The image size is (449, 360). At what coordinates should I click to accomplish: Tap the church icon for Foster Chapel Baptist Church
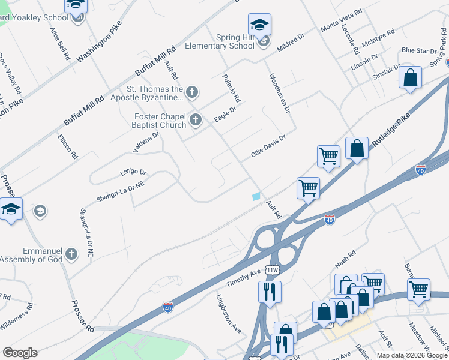195,121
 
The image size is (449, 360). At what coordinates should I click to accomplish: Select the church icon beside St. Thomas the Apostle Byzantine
192,92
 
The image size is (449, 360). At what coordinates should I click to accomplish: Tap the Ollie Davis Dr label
267,148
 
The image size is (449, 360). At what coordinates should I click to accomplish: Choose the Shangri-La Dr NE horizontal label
120,192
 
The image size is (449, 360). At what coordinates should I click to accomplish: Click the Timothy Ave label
243,277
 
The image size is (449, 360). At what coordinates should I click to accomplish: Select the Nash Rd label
346,262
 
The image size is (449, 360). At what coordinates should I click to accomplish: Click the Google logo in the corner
20,353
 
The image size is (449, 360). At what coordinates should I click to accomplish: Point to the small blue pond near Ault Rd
257,196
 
